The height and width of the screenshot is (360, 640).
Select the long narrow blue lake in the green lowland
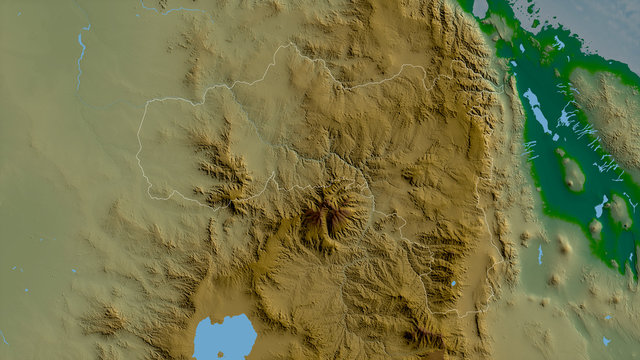click(x=537, y=110)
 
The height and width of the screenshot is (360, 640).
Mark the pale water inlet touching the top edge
click(x=480, y=8)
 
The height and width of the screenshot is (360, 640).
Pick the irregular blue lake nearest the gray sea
click(x=600, y=207)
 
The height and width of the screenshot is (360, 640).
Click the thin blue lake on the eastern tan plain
click(x=540, y=254)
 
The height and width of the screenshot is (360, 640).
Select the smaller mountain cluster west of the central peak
click(x=225, y=170)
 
